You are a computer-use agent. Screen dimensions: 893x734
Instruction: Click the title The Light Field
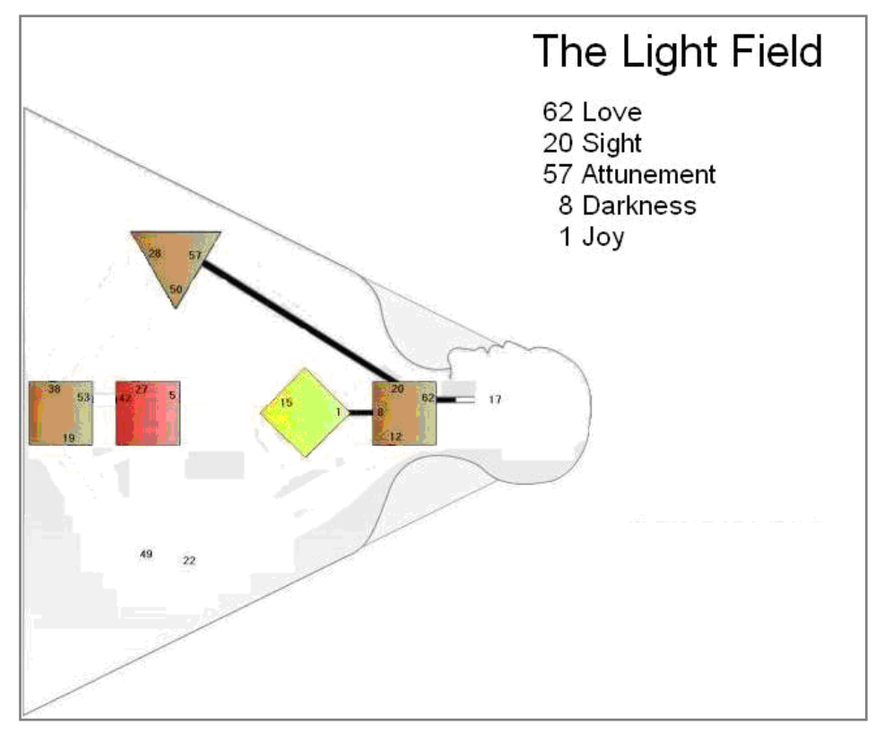pyautogui.click(x=677, y=51)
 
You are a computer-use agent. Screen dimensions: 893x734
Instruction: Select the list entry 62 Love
pyautogui.click(x=592, y=113)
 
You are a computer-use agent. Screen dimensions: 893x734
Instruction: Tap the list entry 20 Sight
pyautogui.click(x=592, y=144)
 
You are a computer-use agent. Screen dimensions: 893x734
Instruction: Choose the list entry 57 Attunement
pyautogui.click(x=629, y=174)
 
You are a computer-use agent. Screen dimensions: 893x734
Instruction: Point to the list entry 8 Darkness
pyautogui.click(x=627, y=205)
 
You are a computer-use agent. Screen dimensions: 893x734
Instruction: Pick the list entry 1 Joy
pyautogui.click(x=591, y=238)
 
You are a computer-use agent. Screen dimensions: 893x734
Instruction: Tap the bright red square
pyautogui.click(x=148, y=414)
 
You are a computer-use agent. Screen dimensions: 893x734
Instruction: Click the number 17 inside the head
pyautogui.click(x=495, y=400)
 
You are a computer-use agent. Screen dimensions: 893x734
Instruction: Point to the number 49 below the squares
pyautogui.click(x=146, y=554)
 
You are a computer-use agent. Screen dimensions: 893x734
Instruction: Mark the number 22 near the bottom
pyautogui.click(x=189, y=561)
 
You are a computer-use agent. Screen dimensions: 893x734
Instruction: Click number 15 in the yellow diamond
pyautogui.click(x=286, y=403)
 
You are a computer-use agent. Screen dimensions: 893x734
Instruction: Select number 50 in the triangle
pyautogui.click(x=176, y=290)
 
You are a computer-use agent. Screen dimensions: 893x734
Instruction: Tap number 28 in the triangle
pyautogui.click(x=154, y=254)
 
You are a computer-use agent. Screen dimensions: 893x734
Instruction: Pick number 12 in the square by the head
pyautogui.click(x=395, y=436)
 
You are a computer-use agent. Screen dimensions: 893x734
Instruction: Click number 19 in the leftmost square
pyautogui.click(x=68, y=437)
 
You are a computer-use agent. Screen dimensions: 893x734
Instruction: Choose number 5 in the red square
pyautogui.click(x=172, y=393)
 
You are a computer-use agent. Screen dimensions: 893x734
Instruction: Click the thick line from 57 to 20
pyautogui.click(x=296, y=319)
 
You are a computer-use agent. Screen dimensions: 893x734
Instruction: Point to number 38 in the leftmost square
pyautogui.click(x=54, y=389)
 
